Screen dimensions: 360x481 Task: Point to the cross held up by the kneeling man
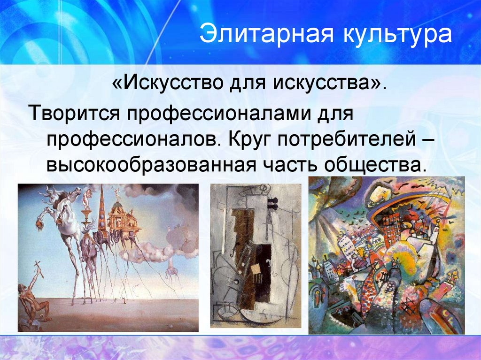(36, 272)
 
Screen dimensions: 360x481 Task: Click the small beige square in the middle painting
(257, 269)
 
